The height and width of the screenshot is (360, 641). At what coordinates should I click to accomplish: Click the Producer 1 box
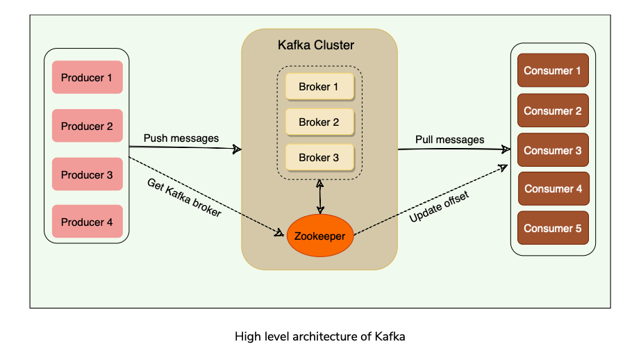pyautogui.click(x=87, y=78)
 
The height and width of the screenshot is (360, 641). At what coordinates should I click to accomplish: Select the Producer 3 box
pyautogui.click(x=87, y=174)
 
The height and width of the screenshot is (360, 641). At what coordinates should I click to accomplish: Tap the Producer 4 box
pyautogui.click(x=87, y=222)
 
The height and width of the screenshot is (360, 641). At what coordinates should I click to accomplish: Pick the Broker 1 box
pyautogui.click(x=319, y=87)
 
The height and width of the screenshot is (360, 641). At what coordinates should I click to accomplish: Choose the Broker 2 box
pyautogui.click(x=319, y=122)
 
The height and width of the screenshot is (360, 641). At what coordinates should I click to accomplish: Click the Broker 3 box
pyautogui.click(x=319, y=158)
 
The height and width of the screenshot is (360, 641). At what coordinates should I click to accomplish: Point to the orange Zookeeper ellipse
pyautogui.click(x=319, y=236)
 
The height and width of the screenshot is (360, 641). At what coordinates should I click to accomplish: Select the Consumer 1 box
pyautogui.click(x=553, y=71)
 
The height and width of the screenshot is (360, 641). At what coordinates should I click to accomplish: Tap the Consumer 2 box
pyautogui.click(x=553, y=111)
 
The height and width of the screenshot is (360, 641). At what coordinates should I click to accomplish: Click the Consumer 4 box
pyautogui.click(x=553, y=188)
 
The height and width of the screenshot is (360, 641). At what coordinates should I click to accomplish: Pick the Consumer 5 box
pyautogui.click(x=553, y=228)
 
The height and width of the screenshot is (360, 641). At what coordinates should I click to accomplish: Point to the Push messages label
pyautogui.click(x=181, y=138)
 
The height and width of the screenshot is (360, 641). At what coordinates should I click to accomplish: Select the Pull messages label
pyautogui.click(x=449, y=140)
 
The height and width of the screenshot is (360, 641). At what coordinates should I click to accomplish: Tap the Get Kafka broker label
pyautogui.click(x=184, y=198)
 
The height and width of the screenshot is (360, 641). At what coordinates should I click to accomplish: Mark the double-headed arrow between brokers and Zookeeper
pyautogui.click(x=319, y=196)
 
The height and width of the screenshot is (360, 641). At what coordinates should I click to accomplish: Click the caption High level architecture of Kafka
pyautogui.click(x=319, y=337)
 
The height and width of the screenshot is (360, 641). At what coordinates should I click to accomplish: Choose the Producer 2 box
pyautogui.click(x=87, y=126)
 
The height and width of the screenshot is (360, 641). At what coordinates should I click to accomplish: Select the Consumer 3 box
pyautogui.click(x=553, y=150)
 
